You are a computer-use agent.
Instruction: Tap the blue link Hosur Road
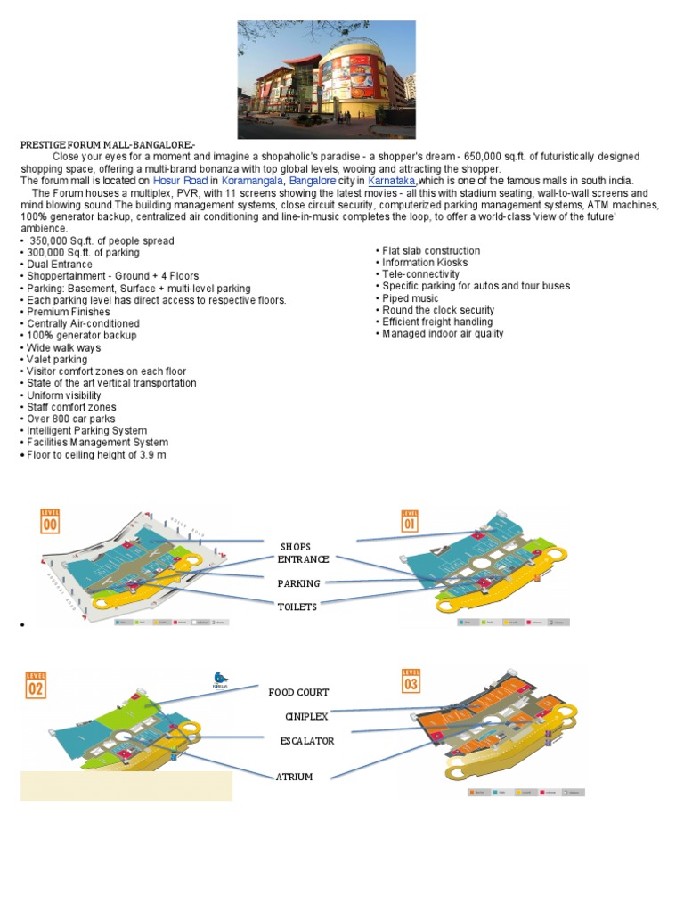180,181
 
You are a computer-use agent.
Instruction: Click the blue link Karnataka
392,181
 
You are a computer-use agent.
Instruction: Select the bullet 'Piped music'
410,298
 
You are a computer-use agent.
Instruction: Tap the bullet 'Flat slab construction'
431,251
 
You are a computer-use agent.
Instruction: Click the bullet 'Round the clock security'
438,310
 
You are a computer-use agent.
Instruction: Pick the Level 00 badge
50,521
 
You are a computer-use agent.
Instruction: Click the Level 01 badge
410,520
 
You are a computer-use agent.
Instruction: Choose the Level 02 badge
36,685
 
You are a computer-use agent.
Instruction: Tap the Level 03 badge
411,681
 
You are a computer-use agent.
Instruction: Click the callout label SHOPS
296,546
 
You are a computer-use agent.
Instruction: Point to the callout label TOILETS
297,606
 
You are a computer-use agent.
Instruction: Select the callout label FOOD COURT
298,692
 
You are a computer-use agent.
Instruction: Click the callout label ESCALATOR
307,740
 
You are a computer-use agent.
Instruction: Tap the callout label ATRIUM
294,777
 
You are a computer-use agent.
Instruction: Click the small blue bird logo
220,679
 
